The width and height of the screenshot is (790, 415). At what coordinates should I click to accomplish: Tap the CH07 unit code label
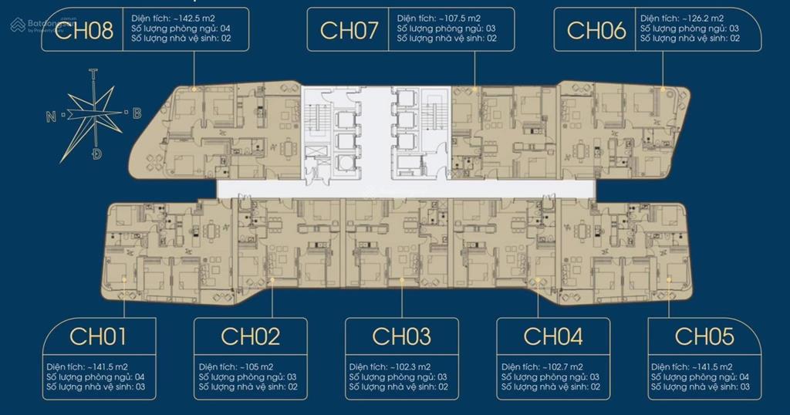pyautogui.click(x=349, y=30)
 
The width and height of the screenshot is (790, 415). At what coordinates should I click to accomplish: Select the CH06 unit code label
pyautogui.click(x=596, y=30)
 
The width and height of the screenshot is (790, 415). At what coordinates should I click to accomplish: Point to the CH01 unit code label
pyautogui.click(x=98, y=336)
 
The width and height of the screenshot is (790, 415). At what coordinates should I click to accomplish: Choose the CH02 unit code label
pyautogui.click(x=250, y=336)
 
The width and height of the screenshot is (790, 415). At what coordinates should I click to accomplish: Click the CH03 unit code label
pyautogui.click(x=401, y=336)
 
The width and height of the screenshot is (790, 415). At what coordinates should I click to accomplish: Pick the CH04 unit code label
pyautogui.click(x=552, y=336)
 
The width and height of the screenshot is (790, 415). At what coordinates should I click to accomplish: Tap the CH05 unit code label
pyautogui.click(x=704, y=336)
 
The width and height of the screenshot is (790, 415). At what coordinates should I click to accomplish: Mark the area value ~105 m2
pyautogui.click(x=261, y=366)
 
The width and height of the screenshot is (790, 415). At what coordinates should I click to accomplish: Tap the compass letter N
pyautogui.click(x=51, y=117)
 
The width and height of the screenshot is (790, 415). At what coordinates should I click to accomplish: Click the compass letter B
pyautogui.click(x=137, y=113)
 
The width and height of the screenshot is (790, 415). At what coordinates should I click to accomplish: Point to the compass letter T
pyautogui.click(x=93, y=75)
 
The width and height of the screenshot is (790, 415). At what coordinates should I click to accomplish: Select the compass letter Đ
pyautogui.click(x=96, y=154)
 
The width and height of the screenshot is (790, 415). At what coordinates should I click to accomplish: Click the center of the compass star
pyautogui.click(x=95, y=114)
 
